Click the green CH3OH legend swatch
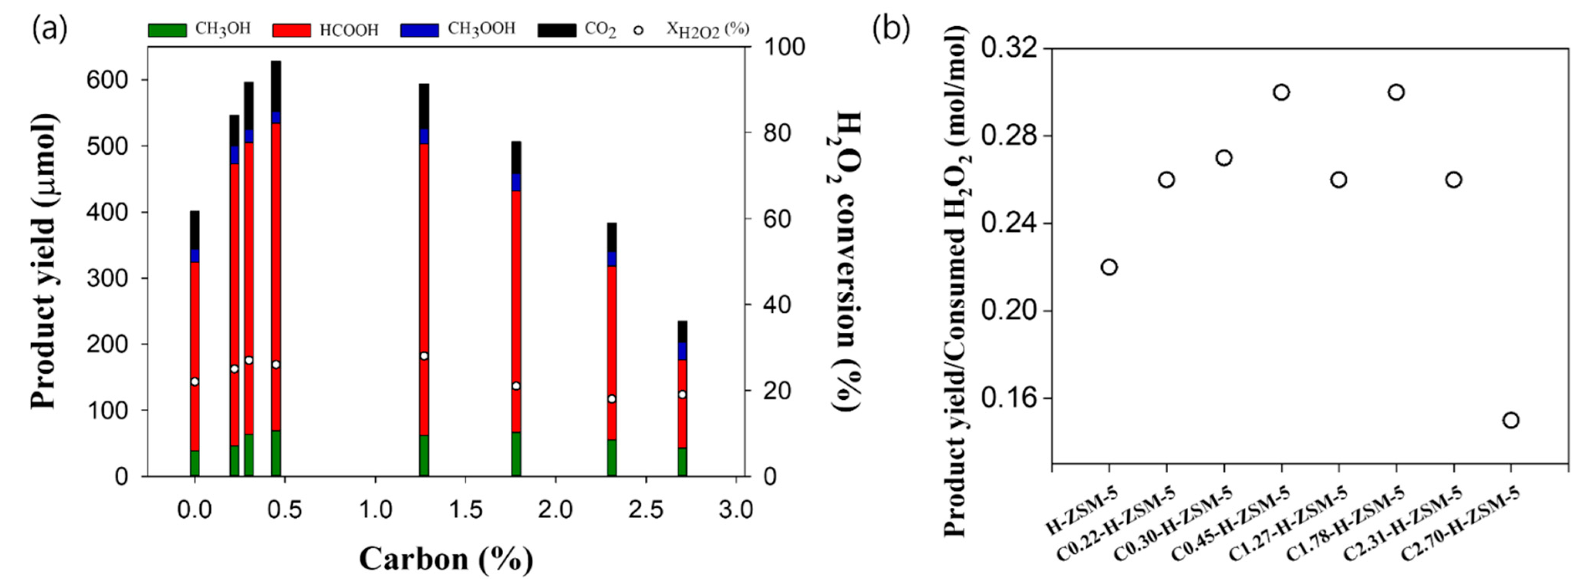[167, 30]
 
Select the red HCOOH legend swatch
[291, 30]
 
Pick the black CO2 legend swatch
[557, 30]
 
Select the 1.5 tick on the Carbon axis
[465, 510]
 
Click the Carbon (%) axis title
[446, 559]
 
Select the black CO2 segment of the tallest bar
[276, 86]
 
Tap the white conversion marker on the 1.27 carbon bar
[424, 356]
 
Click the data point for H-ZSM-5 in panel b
[1108, 267]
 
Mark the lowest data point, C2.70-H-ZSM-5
[1511, 420]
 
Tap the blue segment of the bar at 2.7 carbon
[682, 351]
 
